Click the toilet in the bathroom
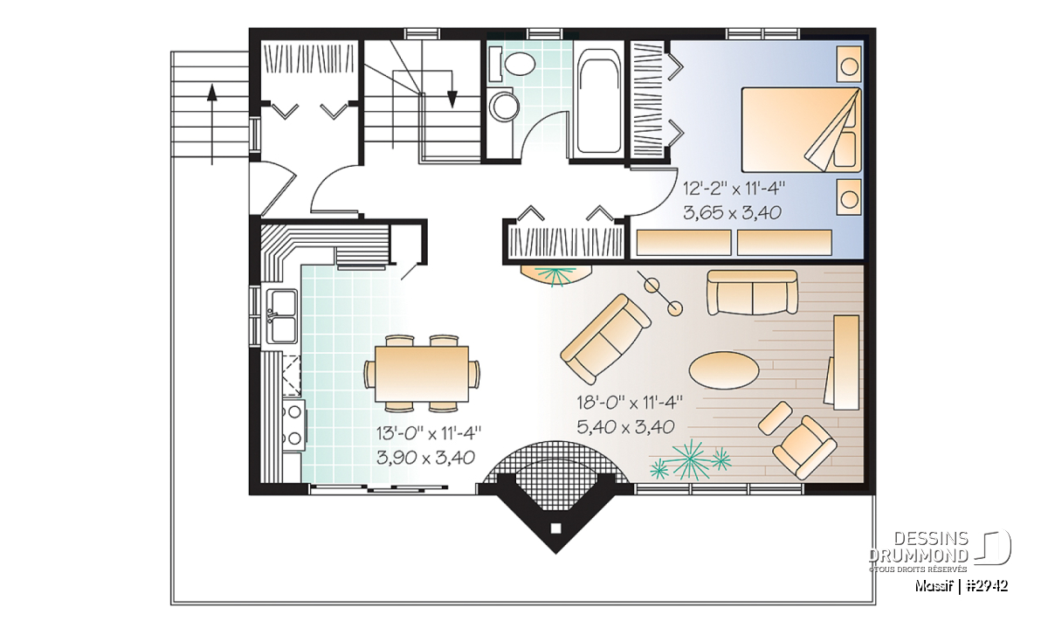click(514, 64)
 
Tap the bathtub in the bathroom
click(598, 102)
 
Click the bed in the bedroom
click(801, 129)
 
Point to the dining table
click(422, 374)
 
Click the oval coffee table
click(724, 370)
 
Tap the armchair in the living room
click(804, 447)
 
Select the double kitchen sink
click(281, 316)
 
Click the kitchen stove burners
click(293, 424)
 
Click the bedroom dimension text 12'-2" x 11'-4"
click(733, 189)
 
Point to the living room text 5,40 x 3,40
click(626, 427)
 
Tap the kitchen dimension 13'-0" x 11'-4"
click(428, 433)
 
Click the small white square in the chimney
click(555, 528)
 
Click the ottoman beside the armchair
click(775, 418)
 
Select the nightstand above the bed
click(849, 65)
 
